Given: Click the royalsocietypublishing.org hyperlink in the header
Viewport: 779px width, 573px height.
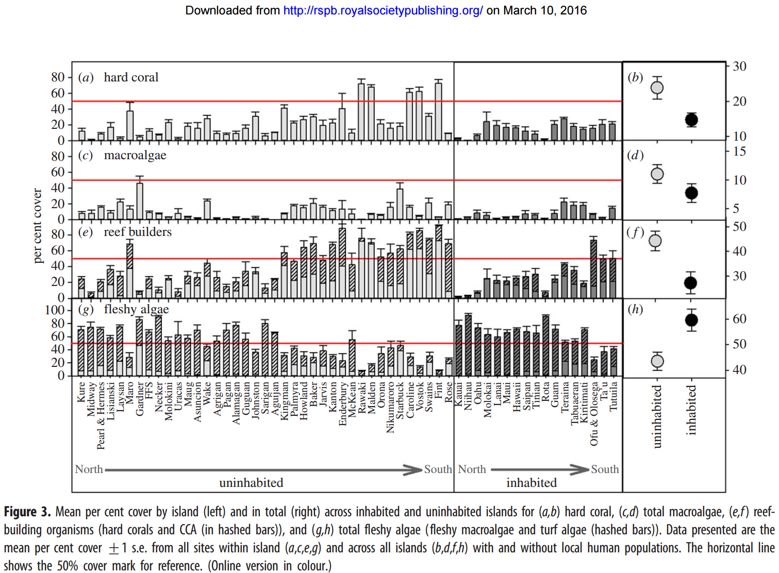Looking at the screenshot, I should coord(383,10).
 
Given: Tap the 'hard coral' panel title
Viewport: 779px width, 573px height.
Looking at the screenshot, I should coord(131,77).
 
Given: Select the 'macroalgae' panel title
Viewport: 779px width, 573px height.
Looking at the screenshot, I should coord(135,155).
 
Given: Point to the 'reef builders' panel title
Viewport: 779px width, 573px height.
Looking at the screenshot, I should coord(138,232).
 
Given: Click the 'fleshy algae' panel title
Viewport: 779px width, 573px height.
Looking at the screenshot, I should coord(136,309).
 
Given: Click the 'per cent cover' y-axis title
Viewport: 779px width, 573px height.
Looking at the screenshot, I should coord(37,226).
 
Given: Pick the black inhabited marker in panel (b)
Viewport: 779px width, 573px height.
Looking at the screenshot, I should coord(691,120).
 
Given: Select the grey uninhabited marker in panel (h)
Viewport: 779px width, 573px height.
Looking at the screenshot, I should coord(657,361).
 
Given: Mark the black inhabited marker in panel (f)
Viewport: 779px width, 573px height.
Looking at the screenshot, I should coord(691,283).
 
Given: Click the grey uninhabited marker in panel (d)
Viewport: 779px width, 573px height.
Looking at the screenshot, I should coord(657,174).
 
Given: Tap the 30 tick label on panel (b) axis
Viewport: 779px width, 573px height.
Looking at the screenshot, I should coord(739,66).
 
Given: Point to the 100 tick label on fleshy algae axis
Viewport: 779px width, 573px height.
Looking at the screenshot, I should coord(55,310).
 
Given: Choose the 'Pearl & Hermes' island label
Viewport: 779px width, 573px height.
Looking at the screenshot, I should coord(101,415).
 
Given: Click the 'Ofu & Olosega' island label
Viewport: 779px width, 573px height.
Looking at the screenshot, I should coord(594,413).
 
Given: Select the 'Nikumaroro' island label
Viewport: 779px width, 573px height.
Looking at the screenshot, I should coord(390,407).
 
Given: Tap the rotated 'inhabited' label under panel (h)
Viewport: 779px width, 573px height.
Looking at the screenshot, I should coord(691,410).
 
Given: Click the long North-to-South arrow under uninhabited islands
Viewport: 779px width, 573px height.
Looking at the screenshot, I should coord(263,470).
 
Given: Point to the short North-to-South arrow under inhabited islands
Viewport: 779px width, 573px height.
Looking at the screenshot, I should coord(539,469).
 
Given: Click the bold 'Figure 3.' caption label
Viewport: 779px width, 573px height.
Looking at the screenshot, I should coord(27,512).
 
